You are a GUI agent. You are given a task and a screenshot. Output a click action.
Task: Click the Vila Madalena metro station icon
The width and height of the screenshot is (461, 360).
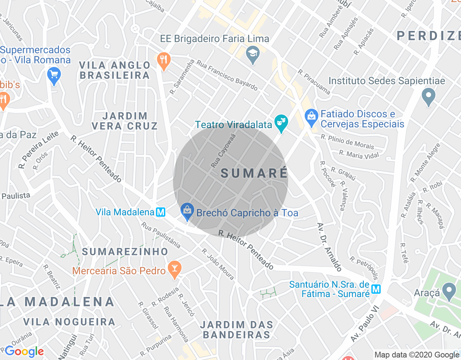[x=161, y=212]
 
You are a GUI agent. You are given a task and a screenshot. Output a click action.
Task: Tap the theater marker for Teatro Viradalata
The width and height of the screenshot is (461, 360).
[x=281, y=123]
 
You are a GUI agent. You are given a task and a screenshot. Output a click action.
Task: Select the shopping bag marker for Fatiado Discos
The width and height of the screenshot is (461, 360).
[x=311, y=117]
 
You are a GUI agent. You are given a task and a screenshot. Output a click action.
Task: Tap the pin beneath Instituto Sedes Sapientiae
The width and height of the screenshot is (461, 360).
[x=429, y=97]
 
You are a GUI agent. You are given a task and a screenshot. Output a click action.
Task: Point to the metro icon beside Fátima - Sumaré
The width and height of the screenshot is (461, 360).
[x=376, y=289]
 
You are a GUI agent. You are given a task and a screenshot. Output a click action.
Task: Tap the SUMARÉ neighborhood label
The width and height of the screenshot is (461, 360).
[x=254, y=173]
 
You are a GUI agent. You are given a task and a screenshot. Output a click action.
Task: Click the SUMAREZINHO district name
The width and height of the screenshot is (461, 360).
[x=125, y=252]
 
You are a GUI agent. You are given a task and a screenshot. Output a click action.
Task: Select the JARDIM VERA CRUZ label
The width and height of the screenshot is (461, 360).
[x=125, y=121]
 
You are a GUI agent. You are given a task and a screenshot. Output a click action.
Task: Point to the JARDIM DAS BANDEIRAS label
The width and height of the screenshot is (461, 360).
[x=237, y=330]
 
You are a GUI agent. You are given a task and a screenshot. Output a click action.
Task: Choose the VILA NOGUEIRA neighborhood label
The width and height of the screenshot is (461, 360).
[x=69, y=321]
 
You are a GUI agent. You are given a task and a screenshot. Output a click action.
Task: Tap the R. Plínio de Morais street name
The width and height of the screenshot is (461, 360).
[x=348, y=142]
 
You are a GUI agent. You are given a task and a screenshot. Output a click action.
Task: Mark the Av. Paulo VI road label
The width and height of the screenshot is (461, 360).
[x=365, y=324]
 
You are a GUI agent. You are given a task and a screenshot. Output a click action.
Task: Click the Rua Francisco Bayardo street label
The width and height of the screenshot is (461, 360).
[x=227, y=76]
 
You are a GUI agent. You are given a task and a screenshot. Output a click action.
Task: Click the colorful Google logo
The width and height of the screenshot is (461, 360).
[x=24, y=351]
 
